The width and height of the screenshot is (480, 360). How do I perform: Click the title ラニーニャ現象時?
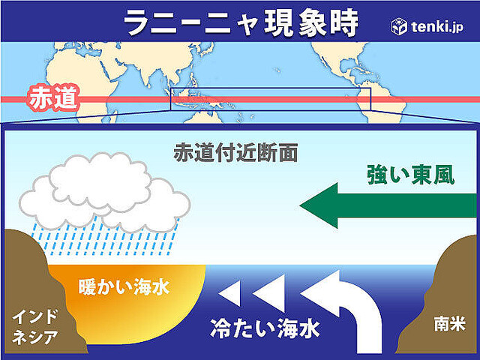tap(241, 22)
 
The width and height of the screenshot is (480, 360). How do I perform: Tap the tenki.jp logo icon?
tap(399, 27)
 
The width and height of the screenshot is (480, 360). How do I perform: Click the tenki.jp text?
tap(437, 27)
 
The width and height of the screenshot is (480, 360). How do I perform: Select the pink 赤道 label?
tap(52, 98)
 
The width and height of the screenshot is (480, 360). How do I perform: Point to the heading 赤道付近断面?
tap(235, 152)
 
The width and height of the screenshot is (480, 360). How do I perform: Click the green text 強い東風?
tap(410, 175)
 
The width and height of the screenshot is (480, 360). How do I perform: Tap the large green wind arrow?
tap(388, 205)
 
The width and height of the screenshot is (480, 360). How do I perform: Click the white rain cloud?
tap(104, 192)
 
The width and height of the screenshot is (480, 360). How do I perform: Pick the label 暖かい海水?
tap(124, 287)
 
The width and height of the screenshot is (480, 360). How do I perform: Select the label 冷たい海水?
tap(265, 328)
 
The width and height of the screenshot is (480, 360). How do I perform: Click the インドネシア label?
tap(34, 327)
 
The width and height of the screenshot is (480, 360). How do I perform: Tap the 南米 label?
tap(450, 323)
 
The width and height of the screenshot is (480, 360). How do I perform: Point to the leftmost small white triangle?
tap(229, 294)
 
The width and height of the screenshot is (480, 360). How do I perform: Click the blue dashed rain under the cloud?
tap(104, 236)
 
